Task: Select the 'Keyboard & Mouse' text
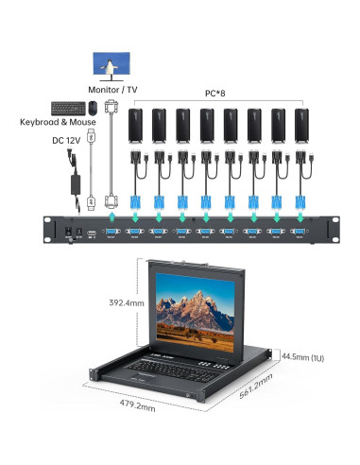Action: click(x=58, y=122)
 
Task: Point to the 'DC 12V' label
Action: click(x=65, y=141)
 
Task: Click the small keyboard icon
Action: click(x=68, y=106)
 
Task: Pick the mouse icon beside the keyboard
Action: click(x=92, y=106)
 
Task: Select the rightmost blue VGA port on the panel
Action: click(x=300, y=231)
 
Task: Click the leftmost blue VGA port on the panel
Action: click(x=111, y=231)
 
